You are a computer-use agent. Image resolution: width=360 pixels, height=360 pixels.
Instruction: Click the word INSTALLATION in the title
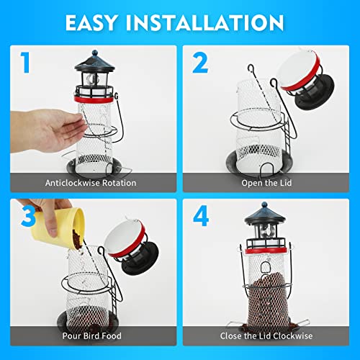coord(215,22)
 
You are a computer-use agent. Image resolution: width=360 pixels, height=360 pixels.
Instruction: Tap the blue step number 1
coord(25,63)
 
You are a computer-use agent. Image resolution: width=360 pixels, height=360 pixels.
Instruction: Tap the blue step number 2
coord(200,63)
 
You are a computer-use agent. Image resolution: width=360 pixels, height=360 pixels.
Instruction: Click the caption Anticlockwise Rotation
coord(90,183)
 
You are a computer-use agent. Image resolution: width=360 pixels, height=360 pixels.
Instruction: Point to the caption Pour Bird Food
coord(90,336)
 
